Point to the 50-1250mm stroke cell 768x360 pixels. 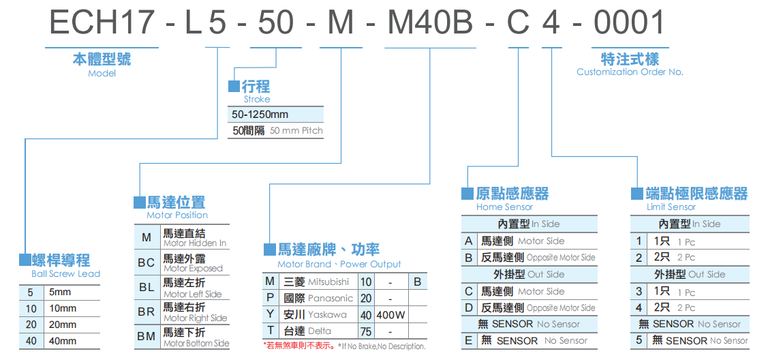pos(260,114)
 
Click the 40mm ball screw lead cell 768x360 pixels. pos(63,341)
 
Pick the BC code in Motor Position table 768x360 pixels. pos(146,262)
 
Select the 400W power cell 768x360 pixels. pos(390,315)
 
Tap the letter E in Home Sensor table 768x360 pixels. pos(468,341)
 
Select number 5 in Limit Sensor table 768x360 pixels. pos(639,340)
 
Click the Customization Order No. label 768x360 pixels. pos(630,72)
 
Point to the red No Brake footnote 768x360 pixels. pos(344,346)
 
